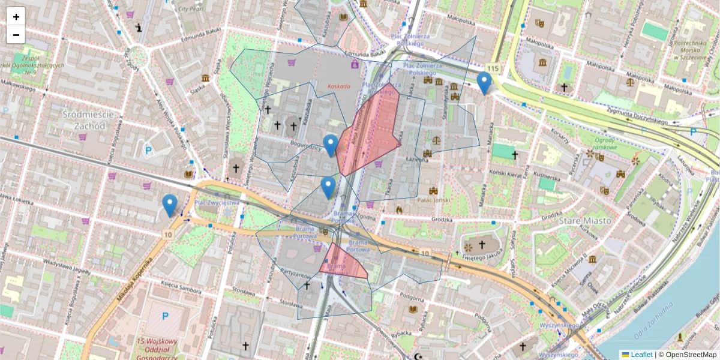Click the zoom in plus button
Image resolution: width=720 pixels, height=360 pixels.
click(x=16, y=17)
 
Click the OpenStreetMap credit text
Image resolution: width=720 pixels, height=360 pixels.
click(x=687, y=355)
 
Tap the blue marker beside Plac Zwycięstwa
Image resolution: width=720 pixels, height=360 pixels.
click(x=170, y=205)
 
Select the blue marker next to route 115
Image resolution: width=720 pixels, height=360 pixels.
click(x=484, y=83)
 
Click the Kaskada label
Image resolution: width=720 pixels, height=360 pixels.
click(x=338, y=86)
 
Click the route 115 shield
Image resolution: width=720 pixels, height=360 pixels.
click(x=493, y=69)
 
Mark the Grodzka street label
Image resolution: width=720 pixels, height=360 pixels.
click(x=441, y=220)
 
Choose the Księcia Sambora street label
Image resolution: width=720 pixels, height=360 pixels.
click(x=183, y=289)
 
